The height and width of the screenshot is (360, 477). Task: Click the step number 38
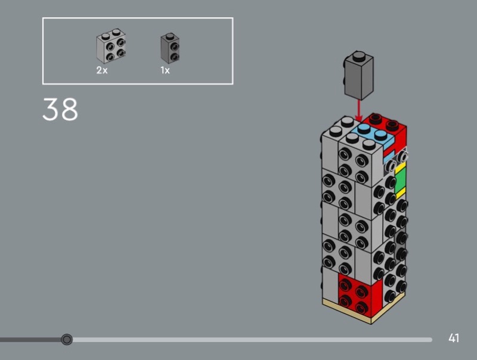[60, 109]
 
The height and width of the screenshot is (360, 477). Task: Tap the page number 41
[454, 338]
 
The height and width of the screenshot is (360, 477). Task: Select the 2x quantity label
[102, 70]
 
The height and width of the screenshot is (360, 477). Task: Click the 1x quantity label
[165, 70]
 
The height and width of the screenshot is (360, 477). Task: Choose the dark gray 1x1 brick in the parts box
[170, 48]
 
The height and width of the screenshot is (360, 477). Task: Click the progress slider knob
[67, 339]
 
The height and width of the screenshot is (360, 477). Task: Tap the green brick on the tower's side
[400, 181]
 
